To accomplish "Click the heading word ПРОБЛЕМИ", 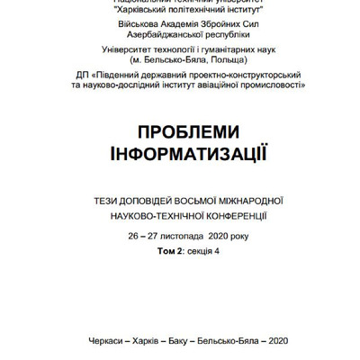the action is [x=179, y=131].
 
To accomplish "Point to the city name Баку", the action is [x=176, y=339].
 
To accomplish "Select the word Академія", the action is [x=156, y=17].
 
